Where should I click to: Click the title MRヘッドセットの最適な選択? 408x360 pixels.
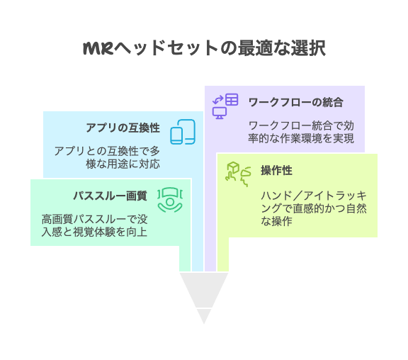coord(204,48)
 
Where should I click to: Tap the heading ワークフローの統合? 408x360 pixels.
coord(296,102)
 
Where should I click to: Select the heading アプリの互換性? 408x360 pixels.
coord(123,128)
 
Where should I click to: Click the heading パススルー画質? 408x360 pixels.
coord(110,196)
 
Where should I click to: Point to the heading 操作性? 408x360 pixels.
coord(276,171)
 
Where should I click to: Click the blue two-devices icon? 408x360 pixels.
coord(183,132)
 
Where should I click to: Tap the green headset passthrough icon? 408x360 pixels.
coord(170,200)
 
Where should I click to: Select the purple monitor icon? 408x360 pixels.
coord(220,113)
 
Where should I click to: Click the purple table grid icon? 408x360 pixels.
coord(232,99)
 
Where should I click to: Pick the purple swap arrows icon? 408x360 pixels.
coord(217,100)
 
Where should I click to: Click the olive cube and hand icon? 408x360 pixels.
coord(238,174)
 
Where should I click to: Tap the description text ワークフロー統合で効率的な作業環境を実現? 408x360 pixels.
coord(301,132)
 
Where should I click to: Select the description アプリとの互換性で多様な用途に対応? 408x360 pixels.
coord(107,157)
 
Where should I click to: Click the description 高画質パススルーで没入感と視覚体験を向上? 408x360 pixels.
coord(94,225)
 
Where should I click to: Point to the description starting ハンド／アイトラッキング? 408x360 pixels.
coord(314,208)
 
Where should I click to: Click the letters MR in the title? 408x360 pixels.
coord(98,48)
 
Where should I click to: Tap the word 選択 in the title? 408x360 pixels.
coord(308,48)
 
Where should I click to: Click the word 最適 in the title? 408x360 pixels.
coord(255,48)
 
